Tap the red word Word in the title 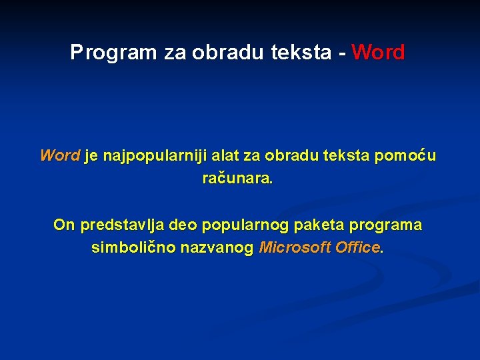[378, 53]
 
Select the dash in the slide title [342, 53]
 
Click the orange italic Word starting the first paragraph [60, 156]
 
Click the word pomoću [406, 156]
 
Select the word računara [237, 179]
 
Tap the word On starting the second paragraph [64, 225]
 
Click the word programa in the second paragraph [389, 225]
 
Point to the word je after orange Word [91, 157]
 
